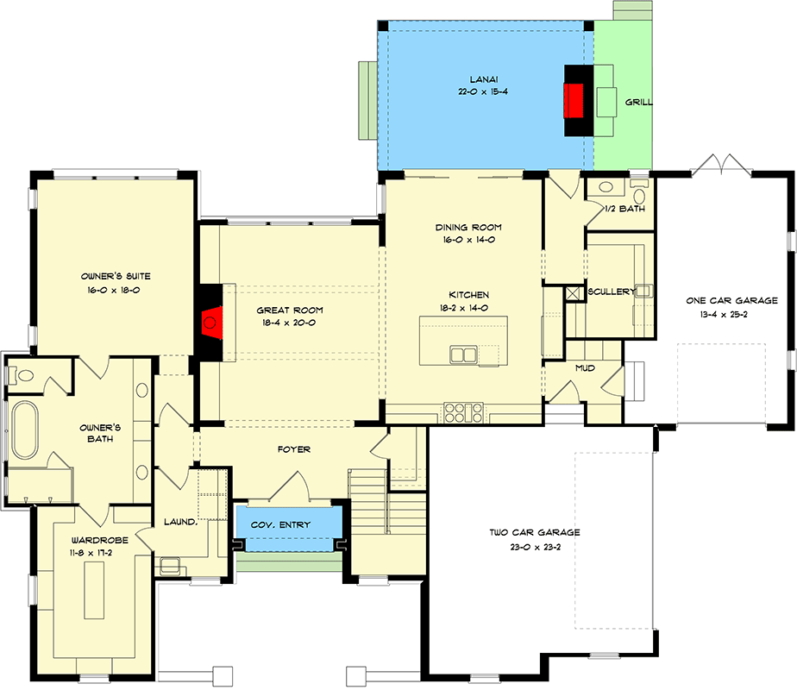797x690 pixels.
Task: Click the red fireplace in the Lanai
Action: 573,100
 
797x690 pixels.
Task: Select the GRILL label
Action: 638,102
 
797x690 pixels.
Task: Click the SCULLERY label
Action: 612,292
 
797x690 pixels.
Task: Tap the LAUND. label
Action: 181,522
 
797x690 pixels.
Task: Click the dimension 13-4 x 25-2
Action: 731,315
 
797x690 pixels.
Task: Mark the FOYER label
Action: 293,449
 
